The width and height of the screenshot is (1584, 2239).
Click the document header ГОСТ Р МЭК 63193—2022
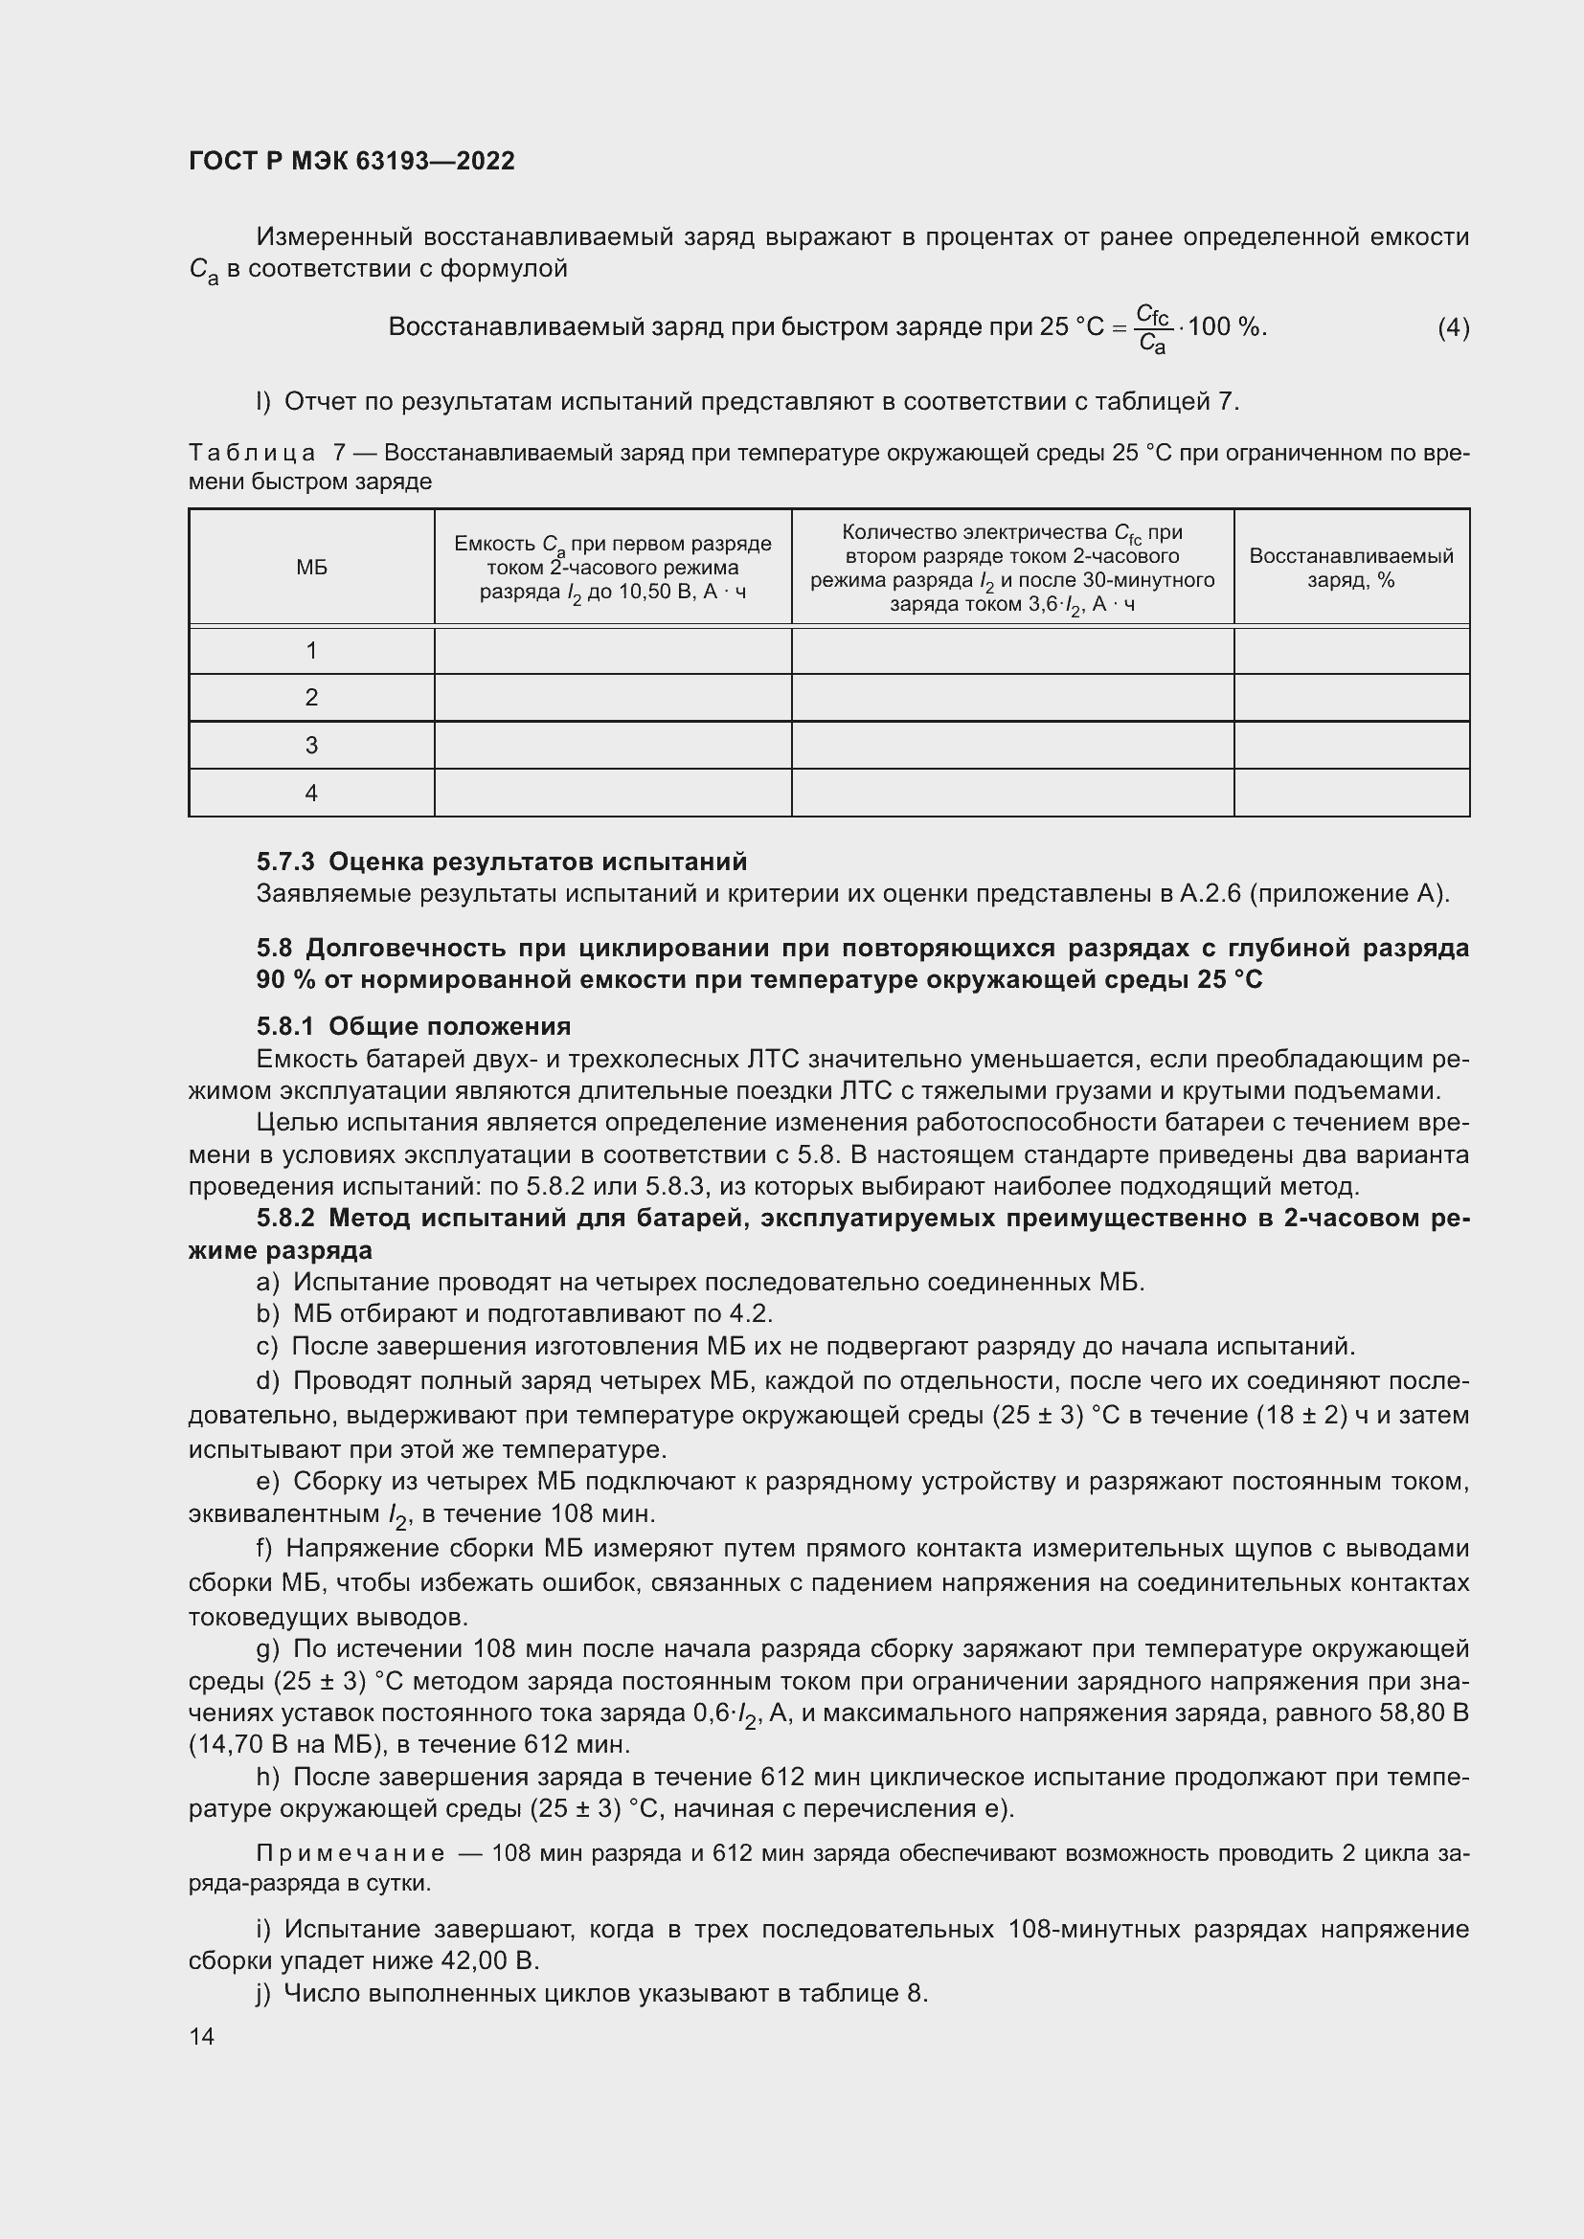tap(351, 161)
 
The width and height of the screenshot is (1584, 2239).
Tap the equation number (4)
tap(1453, 327)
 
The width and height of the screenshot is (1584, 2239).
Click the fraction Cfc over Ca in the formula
tap(1152, 328)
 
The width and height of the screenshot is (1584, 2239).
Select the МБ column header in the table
tap(311, 568)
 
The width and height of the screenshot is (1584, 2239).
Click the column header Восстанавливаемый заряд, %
tap(1351, 568)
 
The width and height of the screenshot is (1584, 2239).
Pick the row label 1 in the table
tap(311, 650)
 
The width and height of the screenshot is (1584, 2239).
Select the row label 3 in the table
tap(311, 745)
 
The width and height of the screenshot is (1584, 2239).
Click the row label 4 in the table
tap(311, 793)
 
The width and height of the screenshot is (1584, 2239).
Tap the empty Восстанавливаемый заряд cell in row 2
tap(1351, 697)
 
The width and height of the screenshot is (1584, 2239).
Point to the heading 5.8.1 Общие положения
tap(414, 1026)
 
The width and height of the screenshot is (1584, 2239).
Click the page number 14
tap(202, 2036)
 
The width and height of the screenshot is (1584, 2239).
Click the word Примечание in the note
tap(351, 1853)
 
